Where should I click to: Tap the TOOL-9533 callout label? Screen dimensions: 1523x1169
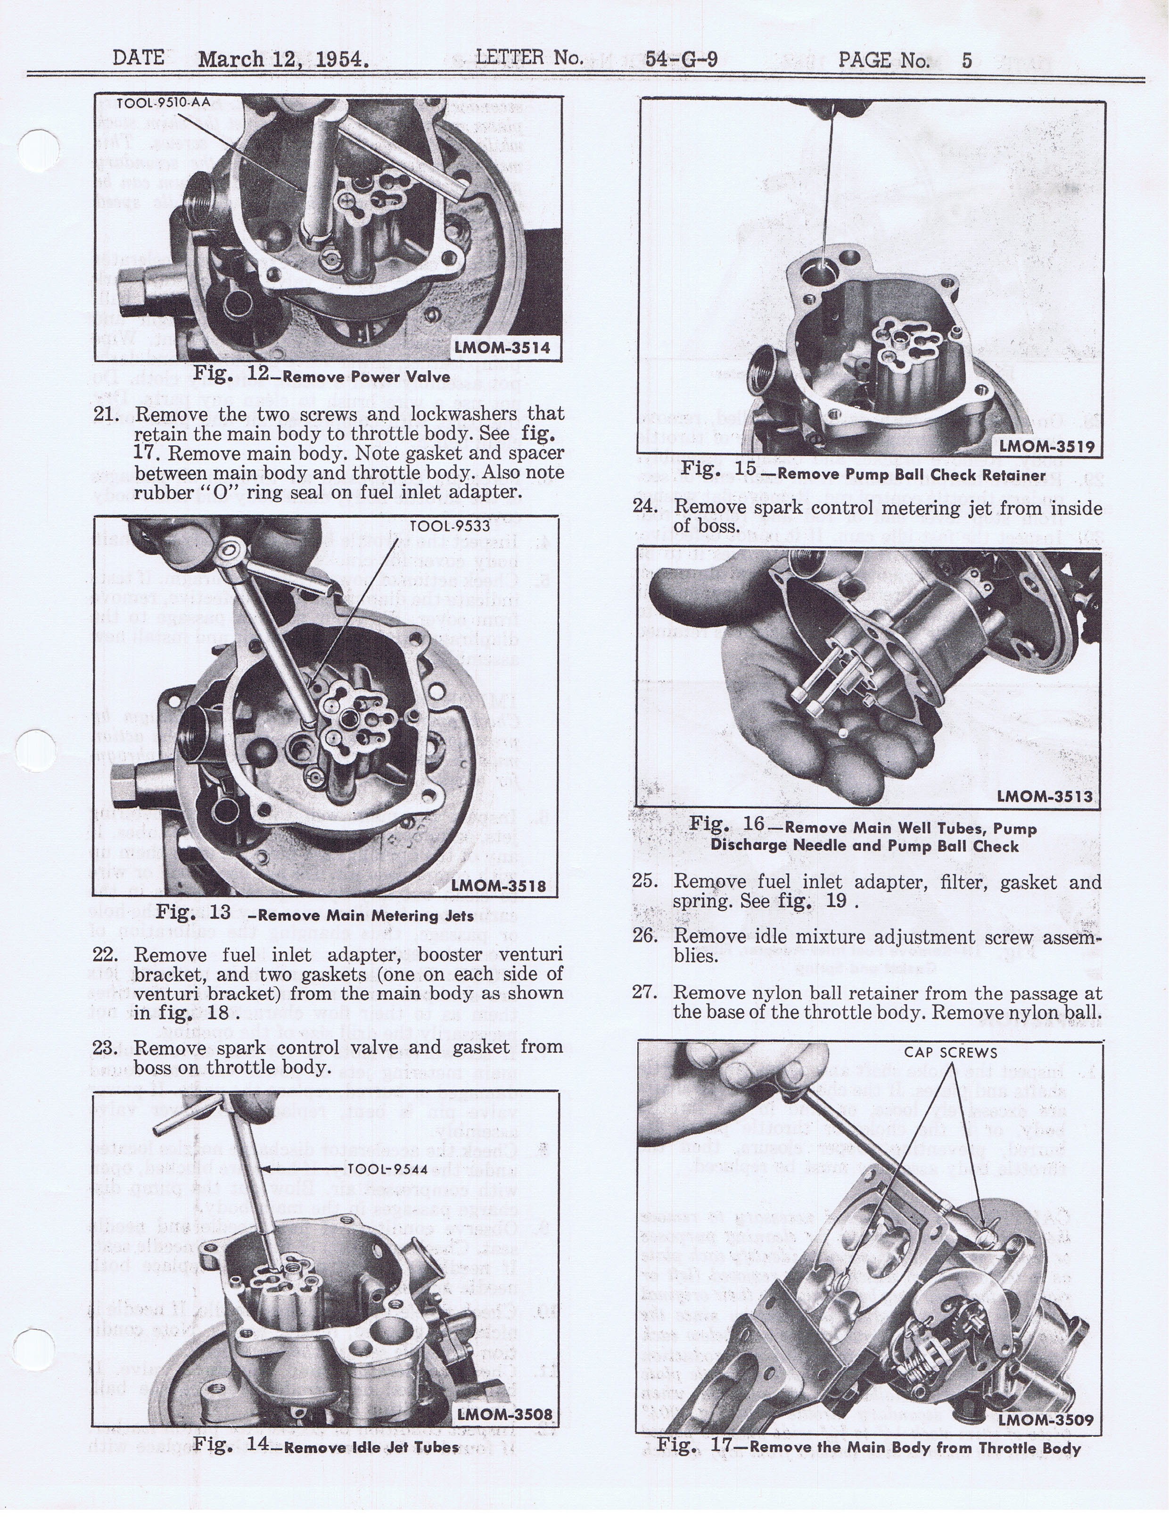(450, 526)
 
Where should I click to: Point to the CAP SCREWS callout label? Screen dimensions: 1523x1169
(950, 1053)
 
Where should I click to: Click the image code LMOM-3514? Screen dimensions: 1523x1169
(502, 347)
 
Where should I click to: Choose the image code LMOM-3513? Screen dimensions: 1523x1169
(1045, 796)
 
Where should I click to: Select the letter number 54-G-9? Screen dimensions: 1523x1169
(681, 59)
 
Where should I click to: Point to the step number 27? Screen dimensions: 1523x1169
(645, 992)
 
